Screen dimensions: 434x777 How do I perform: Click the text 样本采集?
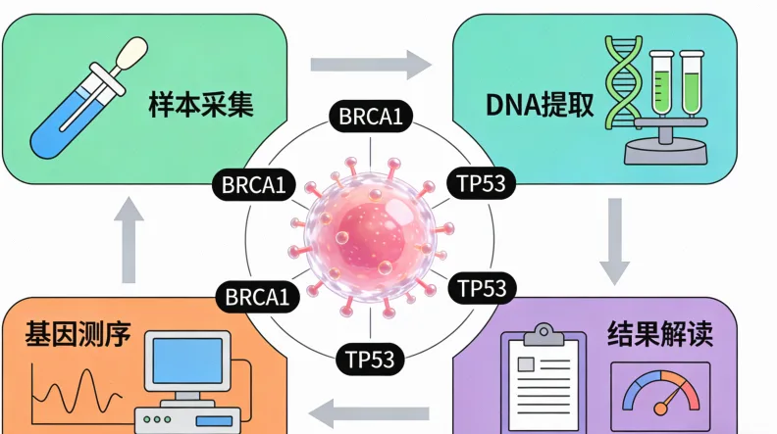pyautogui.click(x=201, y=104)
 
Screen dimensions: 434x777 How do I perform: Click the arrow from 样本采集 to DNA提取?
pyautogui.click(x=372, y=66)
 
